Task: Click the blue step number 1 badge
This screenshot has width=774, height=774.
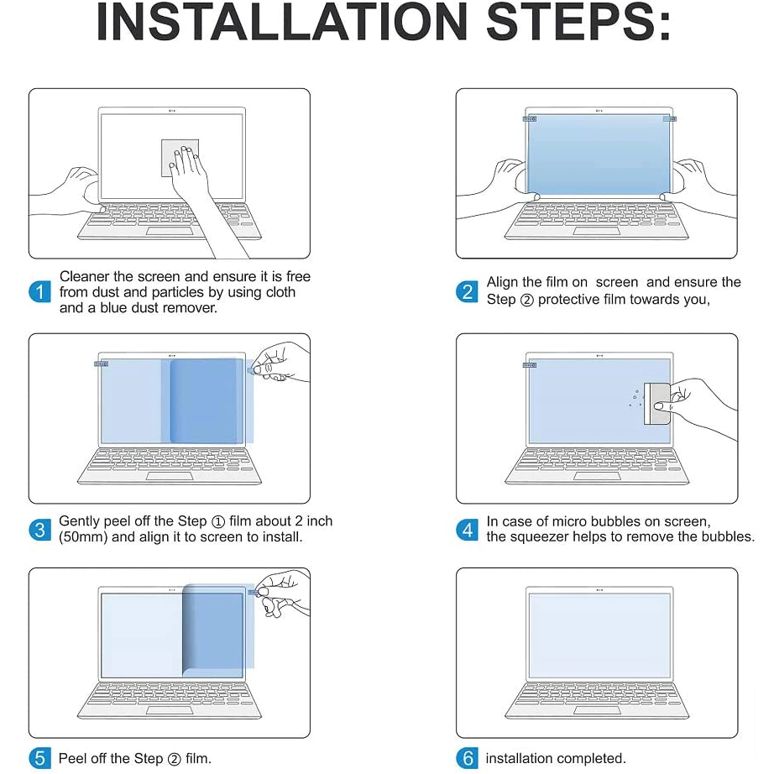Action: pos(39,292)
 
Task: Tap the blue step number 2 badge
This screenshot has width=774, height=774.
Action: pos(467,292)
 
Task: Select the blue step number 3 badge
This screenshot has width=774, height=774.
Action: pos(39,530)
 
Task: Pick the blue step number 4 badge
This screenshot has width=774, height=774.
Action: pos(467,530)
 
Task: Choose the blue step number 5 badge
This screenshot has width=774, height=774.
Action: pos(39,758)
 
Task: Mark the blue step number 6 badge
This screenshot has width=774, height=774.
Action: pos(467,758)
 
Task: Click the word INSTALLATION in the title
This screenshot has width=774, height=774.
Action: pos(281,22)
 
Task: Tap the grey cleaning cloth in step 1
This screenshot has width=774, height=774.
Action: pos(180,158)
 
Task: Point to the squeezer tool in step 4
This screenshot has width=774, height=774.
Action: pos(657,403)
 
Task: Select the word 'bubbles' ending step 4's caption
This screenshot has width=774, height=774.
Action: pos(726,536)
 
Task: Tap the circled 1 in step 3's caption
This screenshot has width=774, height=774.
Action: pos(218,522)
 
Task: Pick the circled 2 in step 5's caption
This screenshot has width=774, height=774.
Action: pos(175,759)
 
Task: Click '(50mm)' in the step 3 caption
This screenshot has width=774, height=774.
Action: pos(83,537)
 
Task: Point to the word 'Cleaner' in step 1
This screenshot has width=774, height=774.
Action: pos(85,276)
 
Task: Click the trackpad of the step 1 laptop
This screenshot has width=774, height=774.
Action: pos(170,233)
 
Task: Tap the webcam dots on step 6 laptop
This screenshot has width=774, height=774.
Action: pos(599,590)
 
